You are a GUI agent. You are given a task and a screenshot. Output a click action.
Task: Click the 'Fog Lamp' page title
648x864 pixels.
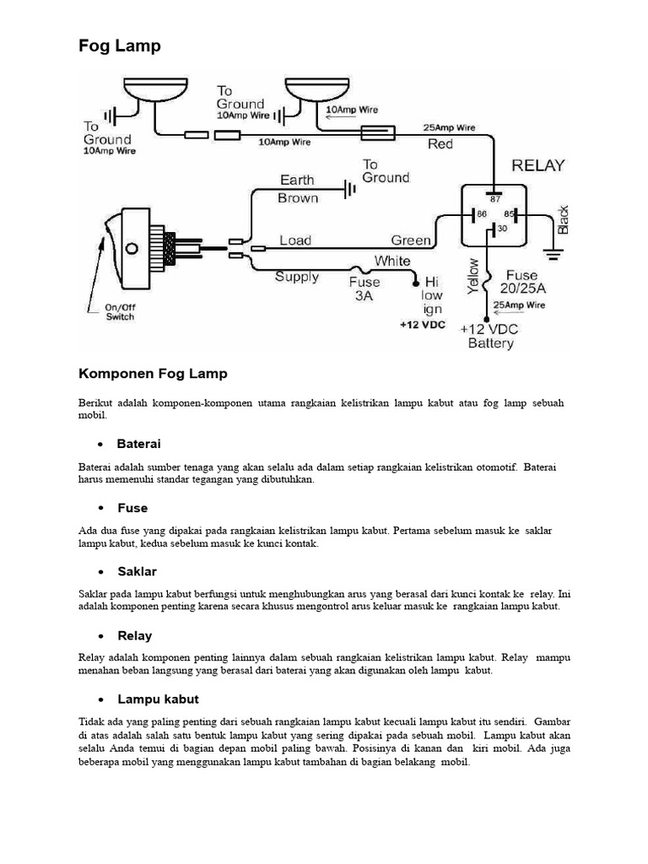(x=119, y=46)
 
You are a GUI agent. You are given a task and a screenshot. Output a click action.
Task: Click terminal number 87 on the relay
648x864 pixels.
(x=494, y=199)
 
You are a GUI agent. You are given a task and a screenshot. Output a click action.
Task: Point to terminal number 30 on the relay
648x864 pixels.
(x=503, y=228)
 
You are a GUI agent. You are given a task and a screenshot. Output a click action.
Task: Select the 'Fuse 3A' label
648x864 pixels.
(x=364, y=289)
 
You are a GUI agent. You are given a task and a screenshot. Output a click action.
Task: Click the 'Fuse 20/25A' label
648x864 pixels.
(x=522, y=282)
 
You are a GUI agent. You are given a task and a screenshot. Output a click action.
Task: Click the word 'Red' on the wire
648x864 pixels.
(x=440, y=144)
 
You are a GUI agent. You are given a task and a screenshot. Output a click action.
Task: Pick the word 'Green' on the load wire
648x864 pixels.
(x=411, y=240)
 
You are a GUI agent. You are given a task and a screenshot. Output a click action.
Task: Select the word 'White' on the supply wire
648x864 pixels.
(x=392, y=262)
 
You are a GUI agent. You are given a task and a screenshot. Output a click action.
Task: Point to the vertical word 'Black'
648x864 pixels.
(x=564, y=219)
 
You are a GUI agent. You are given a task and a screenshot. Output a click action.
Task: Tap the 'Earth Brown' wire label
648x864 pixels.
(x=298, y=189)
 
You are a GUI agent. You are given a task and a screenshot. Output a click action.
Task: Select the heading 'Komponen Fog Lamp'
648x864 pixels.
(x=153, y=373)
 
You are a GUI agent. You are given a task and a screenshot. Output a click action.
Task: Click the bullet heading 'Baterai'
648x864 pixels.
(x=138, y=444)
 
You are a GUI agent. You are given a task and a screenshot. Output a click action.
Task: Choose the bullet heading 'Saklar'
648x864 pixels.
(x=137, y=572)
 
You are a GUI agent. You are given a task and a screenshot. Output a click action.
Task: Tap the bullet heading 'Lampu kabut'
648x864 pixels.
(x=158, y=699)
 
